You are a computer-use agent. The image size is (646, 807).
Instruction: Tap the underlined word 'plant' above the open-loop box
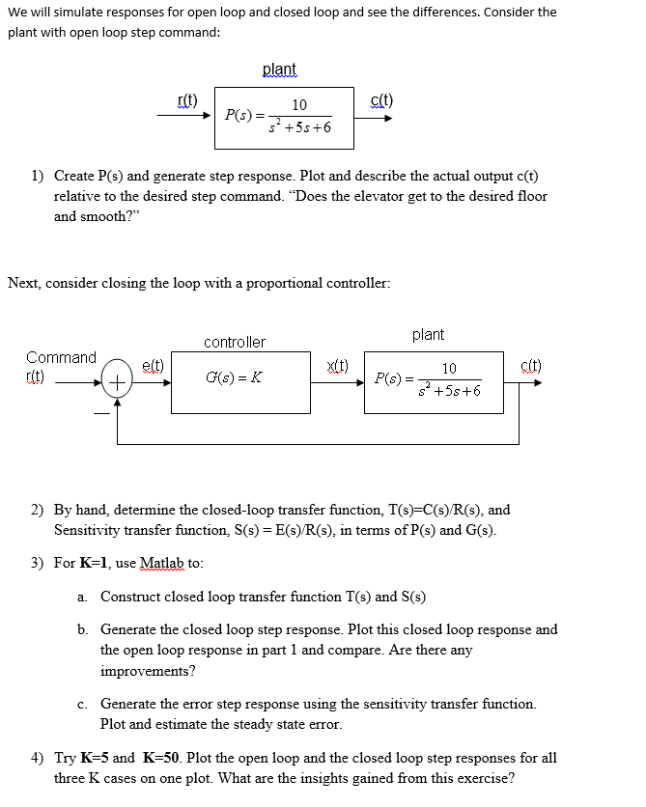[279, 70]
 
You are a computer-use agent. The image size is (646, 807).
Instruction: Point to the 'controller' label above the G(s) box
[235, 343]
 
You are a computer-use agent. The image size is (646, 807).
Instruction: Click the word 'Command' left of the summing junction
[61, 357]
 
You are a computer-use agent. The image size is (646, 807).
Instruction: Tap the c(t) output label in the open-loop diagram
[381, 100]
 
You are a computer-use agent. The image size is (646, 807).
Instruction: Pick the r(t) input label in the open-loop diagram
[187, 100]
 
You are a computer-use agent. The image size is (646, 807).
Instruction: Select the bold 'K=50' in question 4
[164, 758]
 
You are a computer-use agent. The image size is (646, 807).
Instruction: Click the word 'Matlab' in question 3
[160, 563]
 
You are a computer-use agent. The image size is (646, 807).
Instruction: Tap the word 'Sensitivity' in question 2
[89, 530]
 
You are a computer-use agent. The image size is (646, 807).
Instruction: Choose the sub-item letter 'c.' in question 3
[84, 704]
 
